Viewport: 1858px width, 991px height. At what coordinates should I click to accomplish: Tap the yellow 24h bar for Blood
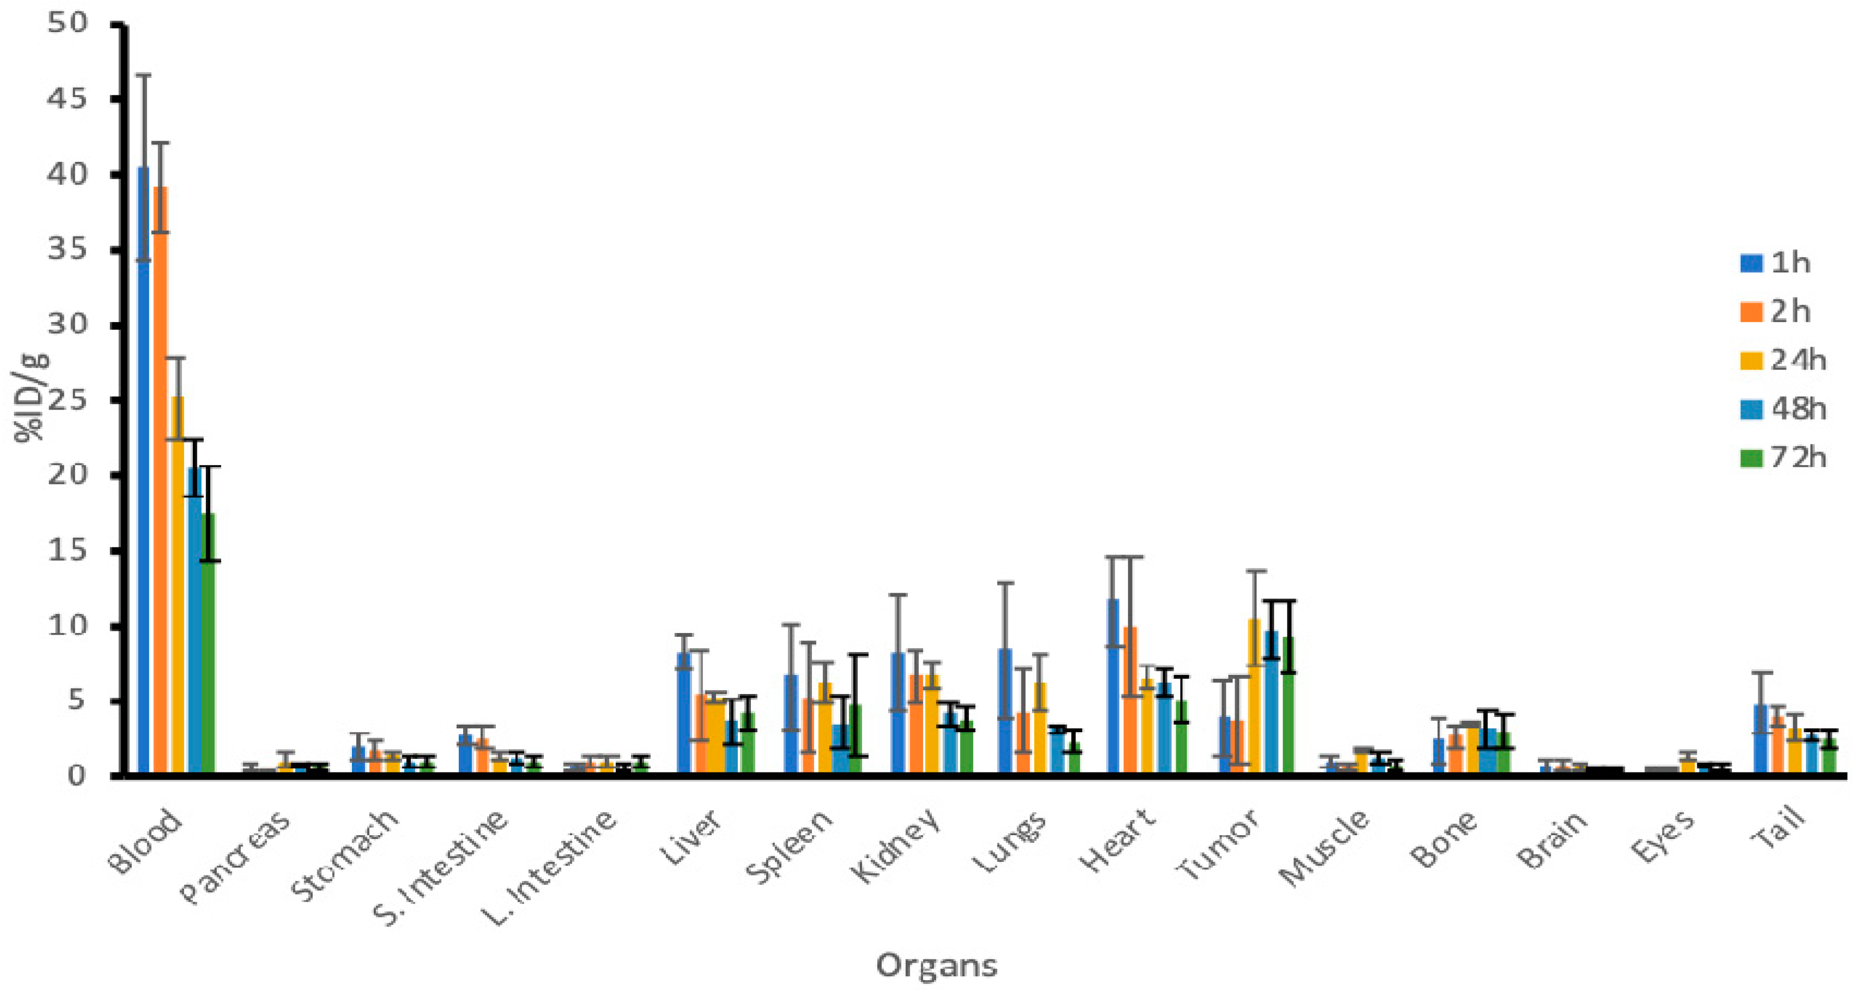click(x=178, y=584)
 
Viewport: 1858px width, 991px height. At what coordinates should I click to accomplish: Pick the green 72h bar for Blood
click(x=209, y=642)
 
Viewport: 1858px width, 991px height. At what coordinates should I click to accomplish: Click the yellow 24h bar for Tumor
click(x=1255, y=696)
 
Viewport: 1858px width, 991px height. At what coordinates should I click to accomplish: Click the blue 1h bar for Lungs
click(x=1005, y=710)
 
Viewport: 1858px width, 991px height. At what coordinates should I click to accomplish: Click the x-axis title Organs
click(x=936, y=965)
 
